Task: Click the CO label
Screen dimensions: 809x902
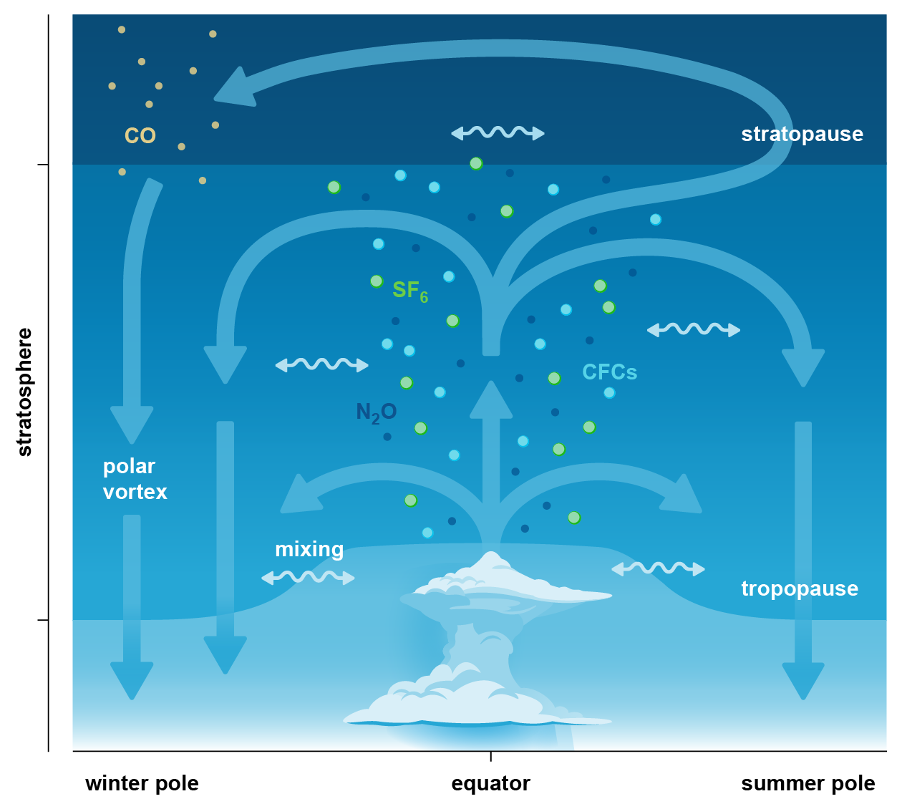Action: [x=140, y=135]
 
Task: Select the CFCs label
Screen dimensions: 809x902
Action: [x=609, y=372]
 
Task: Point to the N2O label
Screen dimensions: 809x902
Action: [x=376, y=412]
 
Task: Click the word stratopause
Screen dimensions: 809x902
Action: [x=802, y=134]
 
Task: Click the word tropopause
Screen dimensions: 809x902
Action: [x=799, y=588]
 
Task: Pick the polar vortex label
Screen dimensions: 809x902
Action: [x=135, y=479]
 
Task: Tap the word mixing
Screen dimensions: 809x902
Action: [x=309, y=549]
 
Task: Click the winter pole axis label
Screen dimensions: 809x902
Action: [x=142, y=783]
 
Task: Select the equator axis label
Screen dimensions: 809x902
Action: [x=490, y=783]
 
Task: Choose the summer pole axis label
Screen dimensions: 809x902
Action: [x=808, y=783]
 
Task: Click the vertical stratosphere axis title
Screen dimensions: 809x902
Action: [x=24, y=392]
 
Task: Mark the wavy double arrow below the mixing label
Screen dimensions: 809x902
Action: [x=308, y=577]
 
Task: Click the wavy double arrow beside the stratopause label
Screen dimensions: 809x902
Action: [x=498, y=132]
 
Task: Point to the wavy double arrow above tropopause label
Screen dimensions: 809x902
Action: [x=658, y=568]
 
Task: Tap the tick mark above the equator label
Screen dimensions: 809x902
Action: [x=490, y=755]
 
